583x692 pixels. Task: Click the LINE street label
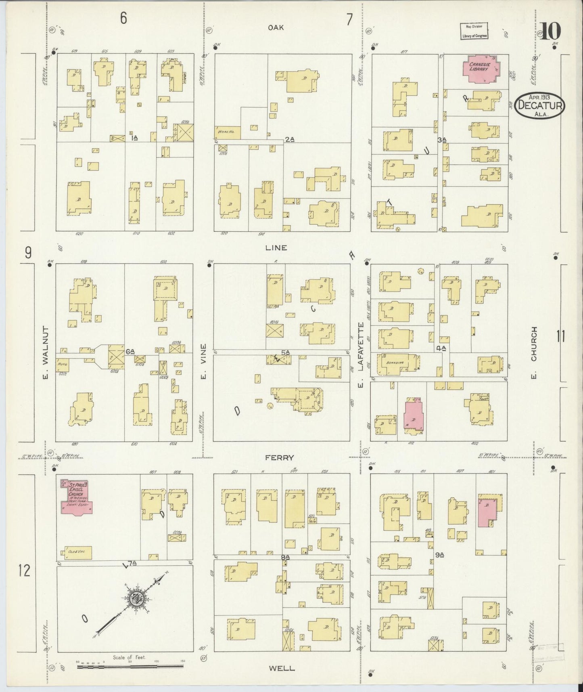point(276,247)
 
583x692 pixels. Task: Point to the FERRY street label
point(279,457)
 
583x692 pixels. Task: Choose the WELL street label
point(282,668)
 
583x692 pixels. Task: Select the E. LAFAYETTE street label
point(361,354)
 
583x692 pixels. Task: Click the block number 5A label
point(285,352)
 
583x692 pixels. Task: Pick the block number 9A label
point(439,555)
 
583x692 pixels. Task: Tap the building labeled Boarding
point(398,363)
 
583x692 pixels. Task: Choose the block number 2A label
point(289,139)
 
